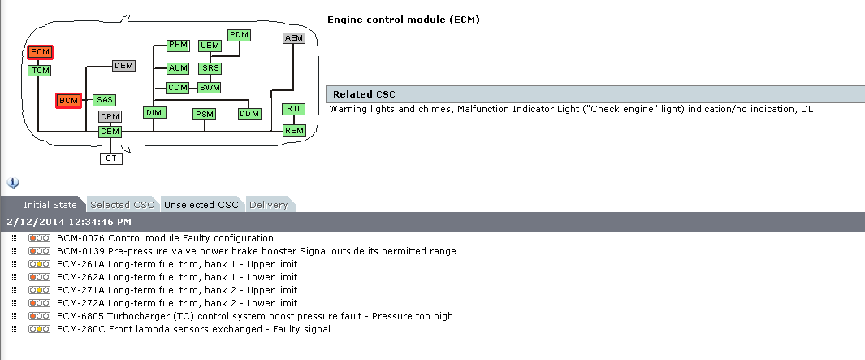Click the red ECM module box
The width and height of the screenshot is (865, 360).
40,52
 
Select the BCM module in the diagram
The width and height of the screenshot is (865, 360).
69,100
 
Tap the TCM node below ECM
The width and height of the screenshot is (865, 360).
40,71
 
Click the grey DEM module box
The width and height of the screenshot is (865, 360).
123,66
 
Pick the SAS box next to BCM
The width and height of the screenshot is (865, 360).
105,100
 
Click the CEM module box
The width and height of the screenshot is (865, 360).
110,132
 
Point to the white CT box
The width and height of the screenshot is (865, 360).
111,158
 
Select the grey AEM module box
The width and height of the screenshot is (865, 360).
294,38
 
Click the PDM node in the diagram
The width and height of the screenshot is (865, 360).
239,35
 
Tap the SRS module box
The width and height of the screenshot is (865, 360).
210,68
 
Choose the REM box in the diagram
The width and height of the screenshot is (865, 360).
293,130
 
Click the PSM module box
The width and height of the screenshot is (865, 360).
205,115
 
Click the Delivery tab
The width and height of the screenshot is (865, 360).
269,205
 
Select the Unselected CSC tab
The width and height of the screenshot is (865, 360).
201,205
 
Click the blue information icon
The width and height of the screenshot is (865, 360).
13,183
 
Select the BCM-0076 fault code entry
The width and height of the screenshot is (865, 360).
165,238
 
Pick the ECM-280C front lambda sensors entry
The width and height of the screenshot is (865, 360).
193,329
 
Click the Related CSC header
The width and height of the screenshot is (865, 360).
364,94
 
